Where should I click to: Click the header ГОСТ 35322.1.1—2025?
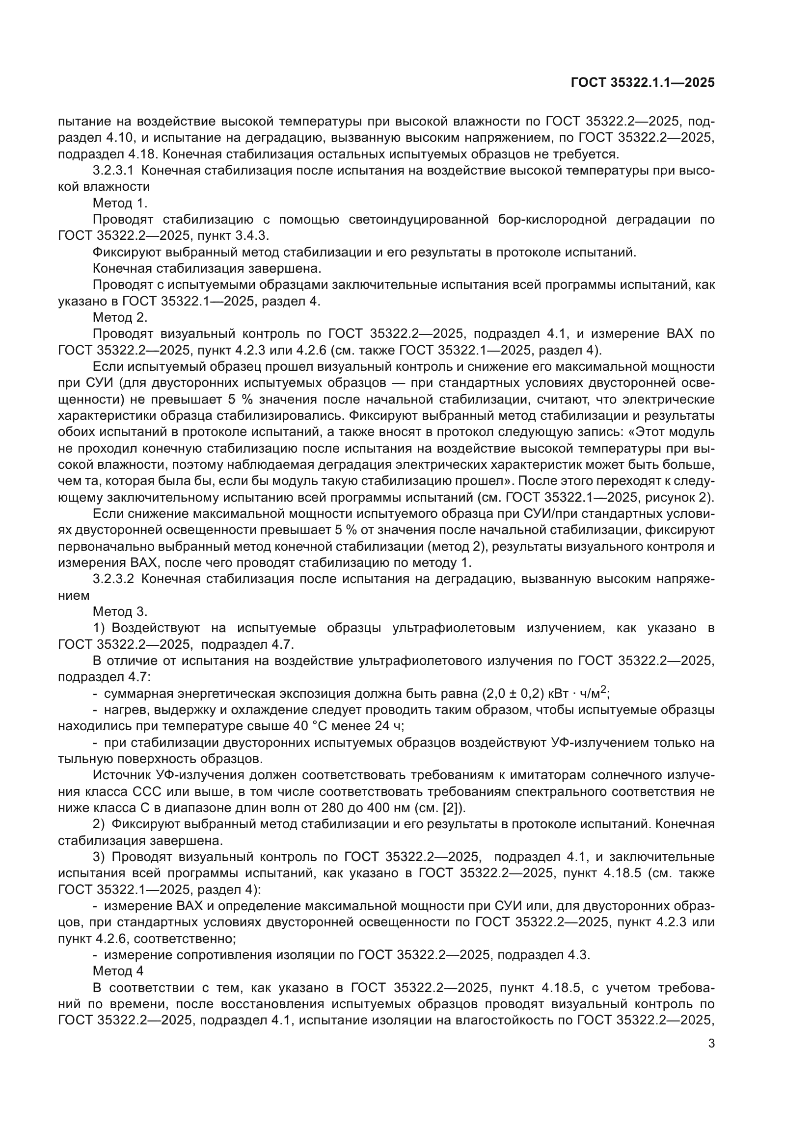pos(643,82)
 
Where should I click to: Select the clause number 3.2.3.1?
pos(113,171)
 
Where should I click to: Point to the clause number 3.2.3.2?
pos(113,580)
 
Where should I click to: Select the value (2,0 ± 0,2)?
pos(513,694)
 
